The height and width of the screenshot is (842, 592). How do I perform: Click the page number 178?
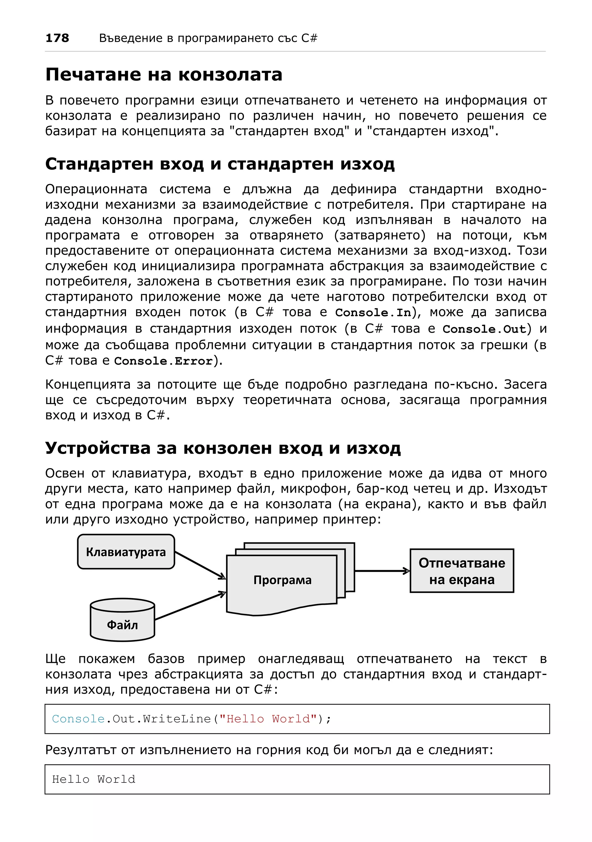click(x=57, y=38)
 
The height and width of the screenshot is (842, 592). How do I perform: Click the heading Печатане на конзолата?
click(x=164, y=75)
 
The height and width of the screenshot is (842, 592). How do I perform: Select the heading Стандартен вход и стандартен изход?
click(x=220, y=164)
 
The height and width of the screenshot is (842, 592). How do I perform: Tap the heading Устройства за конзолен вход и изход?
click(x=223, y=448)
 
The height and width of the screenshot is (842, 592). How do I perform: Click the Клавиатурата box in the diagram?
click(x=126, y=552)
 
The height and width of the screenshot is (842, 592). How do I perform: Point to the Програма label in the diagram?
click(x=282, y=580)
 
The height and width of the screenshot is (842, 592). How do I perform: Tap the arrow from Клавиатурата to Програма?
click(x=200, y=565)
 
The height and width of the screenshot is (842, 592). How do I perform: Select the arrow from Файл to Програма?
click(x=190, y=606)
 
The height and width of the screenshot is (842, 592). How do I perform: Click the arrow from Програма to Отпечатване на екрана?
click(x=382, y=571)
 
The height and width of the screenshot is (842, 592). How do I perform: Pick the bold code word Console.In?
click(x=373, y=313)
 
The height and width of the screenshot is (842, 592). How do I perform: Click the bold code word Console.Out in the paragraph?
click(x=484, y=329)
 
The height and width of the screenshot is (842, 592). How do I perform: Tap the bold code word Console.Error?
click(x=163, y=361)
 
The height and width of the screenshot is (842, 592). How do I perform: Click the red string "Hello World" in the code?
click(x=268, y=719)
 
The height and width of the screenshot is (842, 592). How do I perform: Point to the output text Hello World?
click(x=94, y=779)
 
